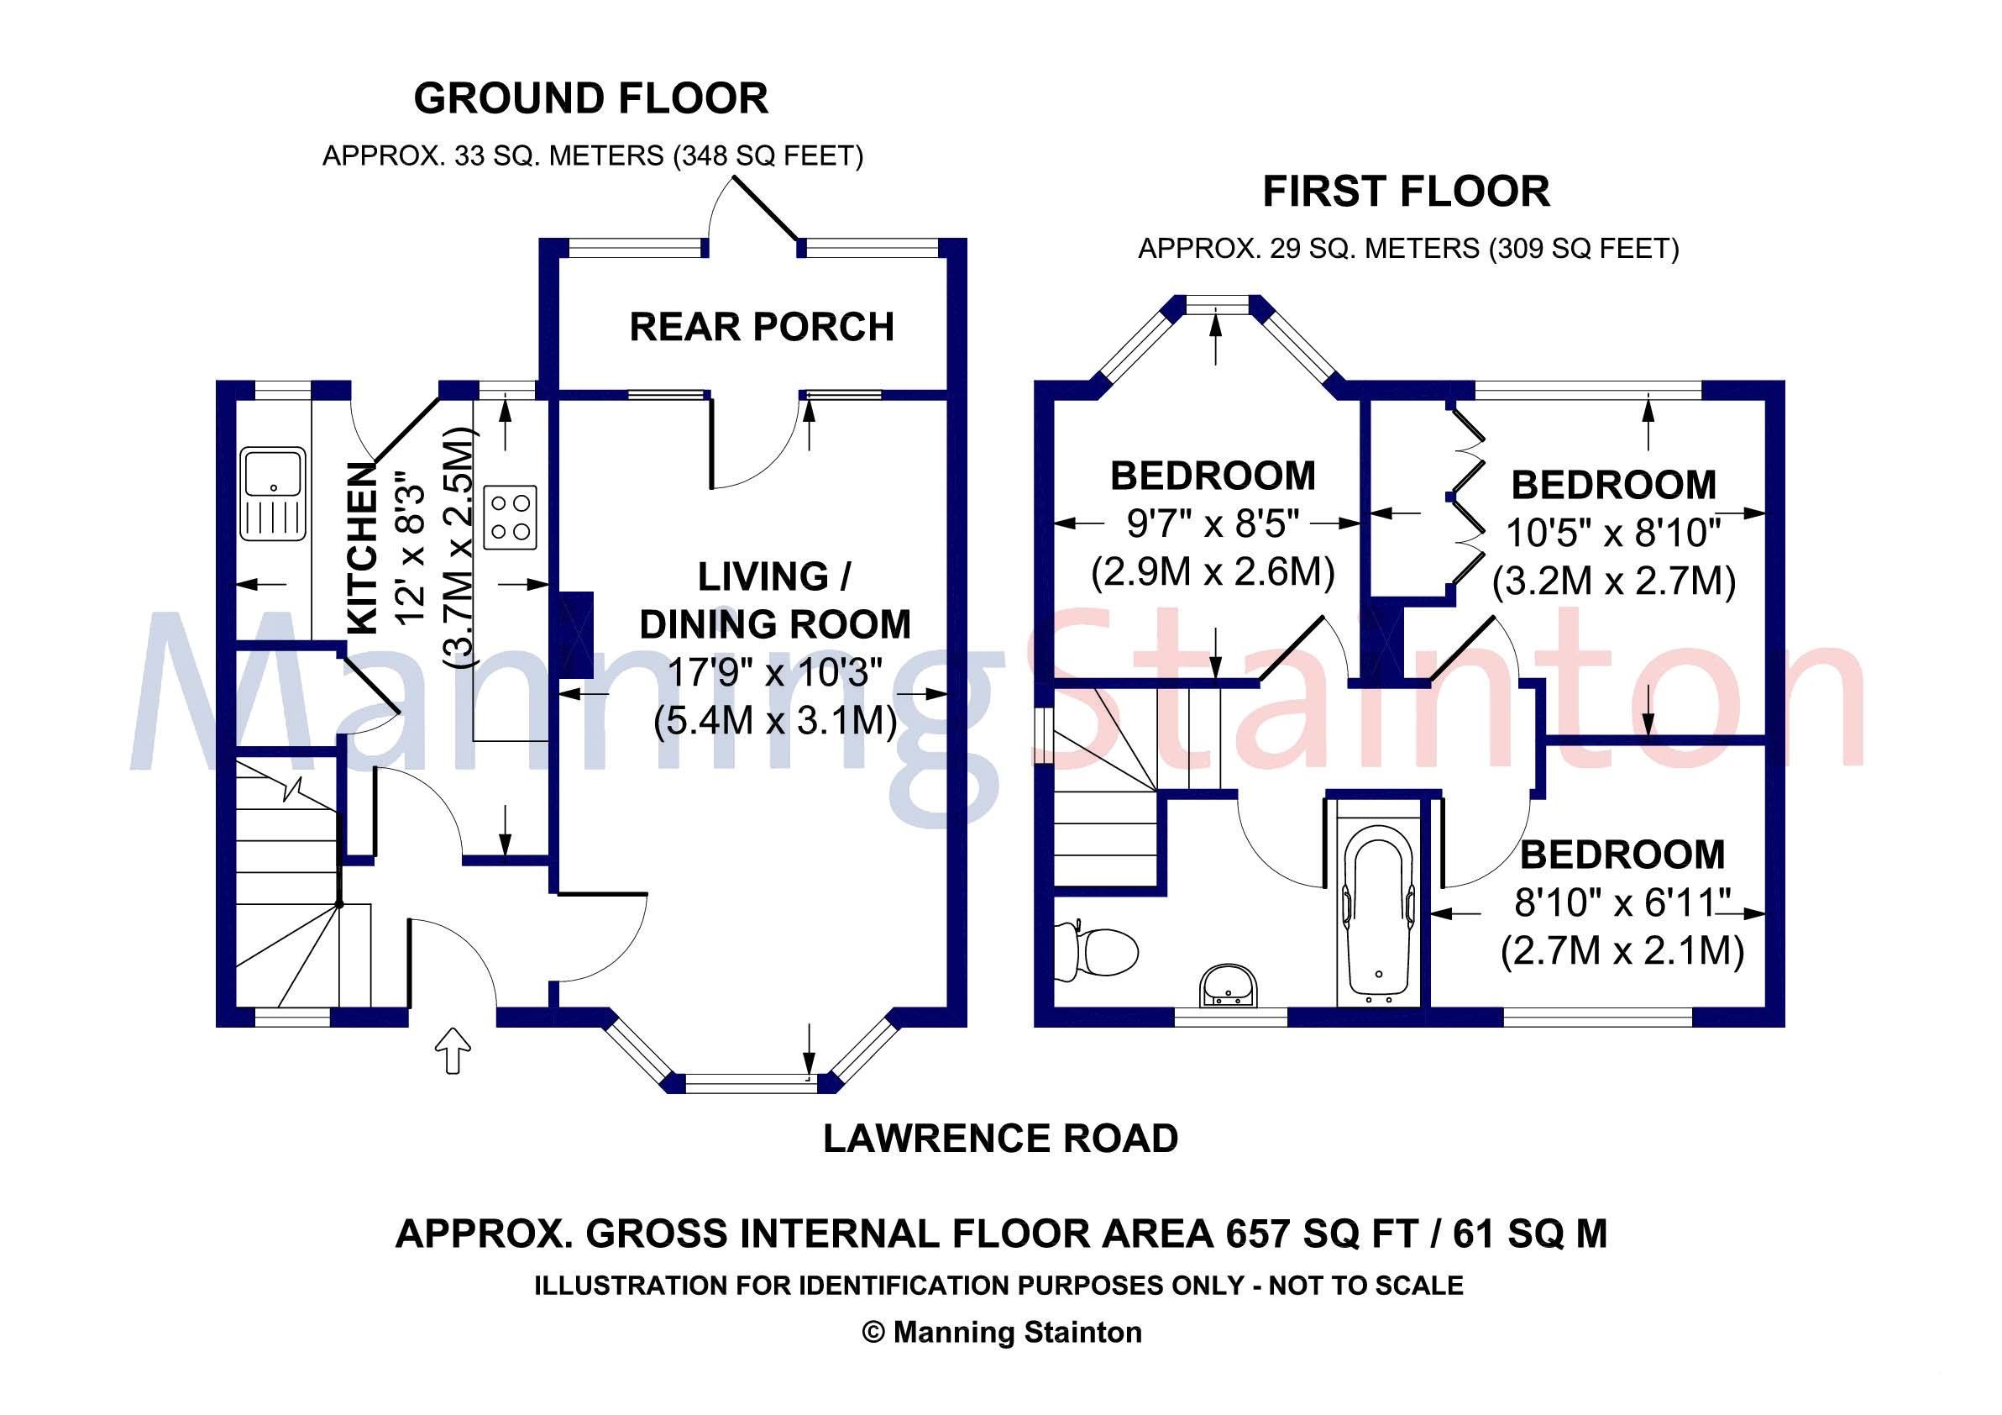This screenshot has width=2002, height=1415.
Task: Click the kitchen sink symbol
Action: click(273, 495)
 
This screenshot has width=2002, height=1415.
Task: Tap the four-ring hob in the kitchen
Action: click(510, 518)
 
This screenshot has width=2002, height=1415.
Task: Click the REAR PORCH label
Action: click(761, 327)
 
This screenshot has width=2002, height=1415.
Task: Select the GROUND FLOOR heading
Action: click(590, 98)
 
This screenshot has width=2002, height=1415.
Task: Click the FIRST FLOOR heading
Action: click(1407, 192)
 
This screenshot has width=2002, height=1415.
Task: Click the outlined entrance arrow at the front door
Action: click(453, 1049)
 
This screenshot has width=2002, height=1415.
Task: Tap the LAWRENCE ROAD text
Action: click(1000, 1139)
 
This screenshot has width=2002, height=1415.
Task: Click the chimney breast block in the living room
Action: click(574, 634)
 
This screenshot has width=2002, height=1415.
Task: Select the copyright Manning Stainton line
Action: click(1001, 1332)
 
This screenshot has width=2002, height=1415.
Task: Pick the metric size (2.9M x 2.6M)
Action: click(1212, 573)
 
